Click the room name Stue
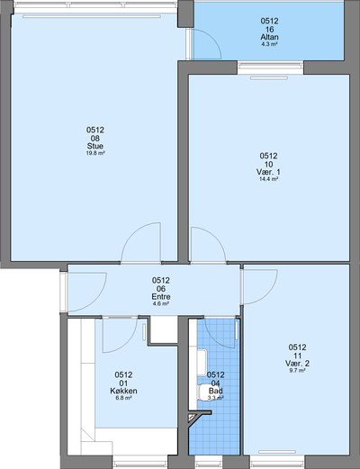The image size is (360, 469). tap(95, 146)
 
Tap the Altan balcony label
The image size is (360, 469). tap(269, 37)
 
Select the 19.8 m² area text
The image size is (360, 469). tap(95, 153)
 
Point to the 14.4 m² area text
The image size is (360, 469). tap(268, 179)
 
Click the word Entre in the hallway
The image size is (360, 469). tap(161, 297)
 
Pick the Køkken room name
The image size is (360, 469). tap(123, 391)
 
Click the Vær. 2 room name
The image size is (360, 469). tap(297, 364)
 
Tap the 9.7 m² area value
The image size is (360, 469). tap(297, 371)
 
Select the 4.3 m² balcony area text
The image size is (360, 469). tap(269, 44)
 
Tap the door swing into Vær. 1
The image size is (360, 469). tap(216, 237)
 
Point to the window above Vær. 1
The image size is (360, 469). tap(271, 68)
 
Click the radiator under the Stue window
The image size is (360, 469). tap(92, 17)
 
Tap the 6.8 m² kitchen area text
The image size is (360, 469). tap(123, 398)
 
